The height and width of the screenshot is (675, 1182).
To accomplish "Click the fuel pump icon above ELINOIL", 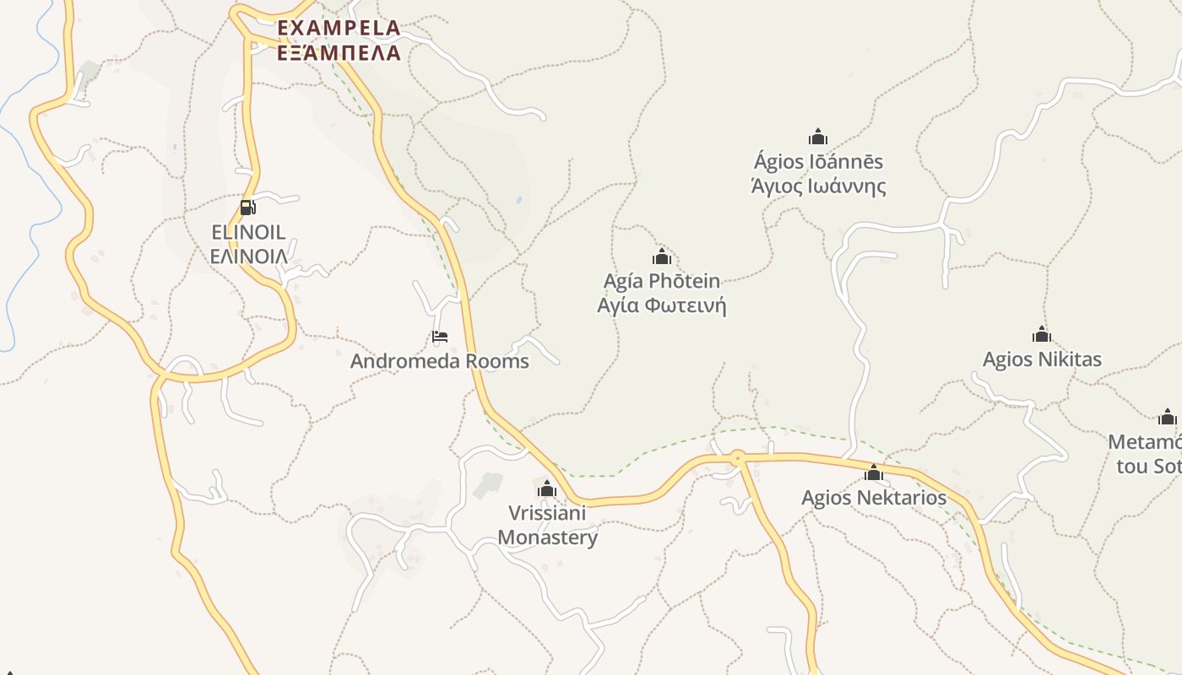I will click(x=247, y=207).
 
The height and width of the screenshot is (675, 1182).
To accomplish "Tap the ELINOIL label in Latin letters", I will click(x=248, y=232).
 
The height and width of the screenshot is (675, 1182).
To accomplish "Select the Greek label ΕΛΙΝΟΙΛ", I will click(x=248, y=256).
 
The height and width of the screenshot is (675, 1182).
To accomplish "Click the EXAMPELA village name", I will click(x=339, y=28).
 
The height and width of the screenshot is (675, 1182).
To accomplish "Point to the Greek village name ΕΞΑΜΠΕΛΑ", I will click(x=339, y=52).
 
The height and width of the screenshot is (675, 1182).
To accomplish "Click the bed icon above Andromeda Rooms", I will click(x=439, y=337).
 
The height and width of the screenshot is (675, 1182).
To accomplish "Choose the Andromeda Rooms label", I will click(x=439, y=361).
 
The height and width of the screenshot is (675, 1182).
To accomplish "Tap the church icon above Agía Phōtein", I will click(x=662, y=256).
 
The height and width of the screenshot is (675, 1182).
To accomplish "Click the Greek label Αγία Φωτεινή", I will click(x=662, y=305).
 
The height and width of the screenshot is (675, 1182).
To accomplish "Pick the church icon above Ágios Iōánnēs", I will click(x=817, y=137).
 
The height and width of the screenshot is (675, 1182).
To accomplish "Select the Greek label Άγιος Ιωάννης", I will click(x=818, y=186).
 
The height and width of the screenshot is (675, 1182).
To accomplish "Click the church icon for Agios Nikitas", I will click(x=1042, y=334).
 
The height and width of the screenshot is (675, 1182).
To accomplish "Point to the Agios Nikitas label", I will click(x=1042, y=359).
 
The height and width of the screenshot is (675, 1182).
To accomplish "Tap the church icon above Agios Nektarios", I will click(x=874, y=472).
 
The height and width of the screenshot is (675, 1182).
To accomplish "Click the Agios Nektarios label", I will click(x=874, y=498).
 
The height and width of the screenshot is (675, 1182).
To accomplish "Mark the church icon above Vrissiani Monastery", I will click(x=547, y=489).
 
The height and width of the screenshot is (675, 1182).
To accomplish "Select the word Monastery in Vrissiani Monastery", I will click(x=547, y=537).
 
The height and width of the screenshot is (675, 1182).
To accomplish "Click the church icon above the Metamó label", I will click(x=1168, y=417).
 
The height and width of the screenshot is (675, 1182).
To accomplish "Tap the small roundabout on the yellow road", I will click(x=738, y=458).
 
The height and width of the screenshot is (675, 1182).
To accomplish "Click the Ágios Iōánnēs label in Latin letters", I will click(x=818, y=161).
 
